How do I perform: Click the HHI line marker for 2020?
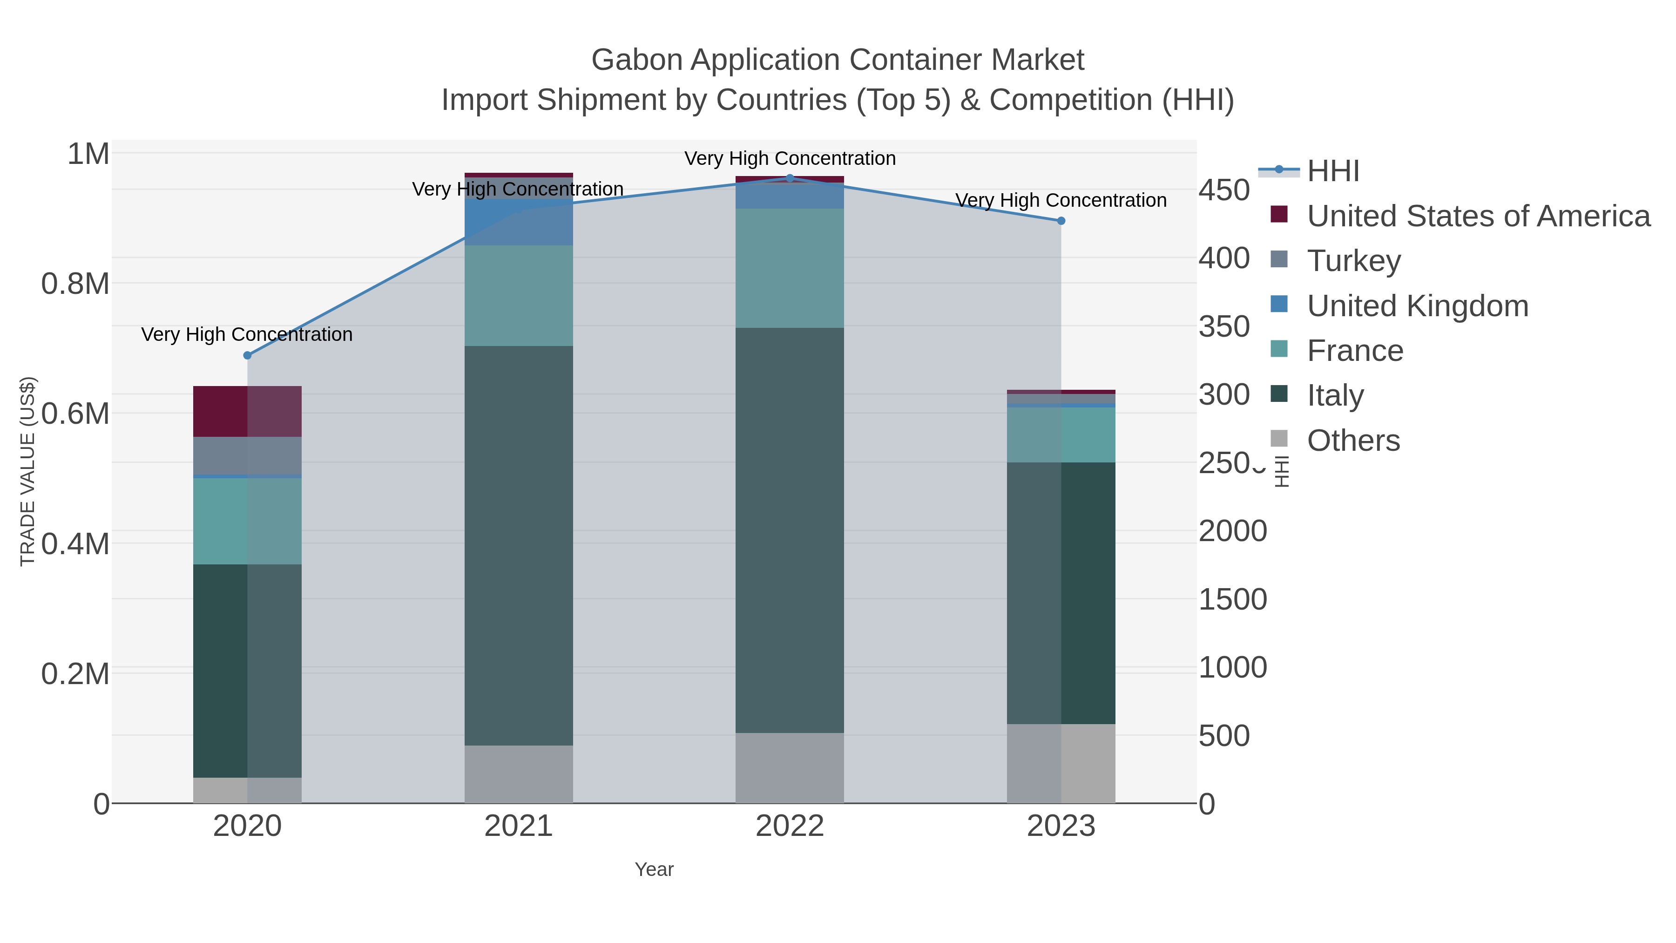pyautogui.click(x=247, y=355)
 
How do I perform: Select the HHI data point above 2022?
pyautogui.click(x=790, y=178)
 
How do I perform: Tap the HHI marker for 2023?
pyautogui.click(x=1061, y=221)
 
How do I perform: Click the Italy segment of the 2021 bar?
pyautogui.click(x=519, y=545)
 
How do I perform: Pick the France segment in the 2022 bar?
pyautogui.click(x=790, y=268)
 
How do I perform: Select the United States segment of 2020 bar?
pyautogui.click(x=247, y=411)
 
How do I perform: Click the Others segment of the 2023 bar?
pyautogui.click(x=1061, y=763)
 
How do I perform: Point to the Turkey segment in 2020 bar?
pyautogui.click(x=247, y=455)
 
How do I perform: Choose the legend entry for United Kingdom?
pyautogui.click(x=1417, y=306)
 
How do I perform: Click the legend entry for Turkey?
pyautogui.click(x=1353, y=261)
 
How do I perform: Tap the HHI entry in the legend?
pyautogui.click(x=1332, y=171)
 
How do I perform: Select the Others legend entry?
pyautogui.click(x=1352, y=441)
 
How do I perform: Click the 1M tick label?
pyautogui.click(x=88, y=154)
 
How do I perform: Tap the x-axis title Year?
pyautogui.click(x=654, y=869)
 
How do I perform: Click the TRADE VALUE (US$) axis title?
pyautogui.click(x=27, y=471)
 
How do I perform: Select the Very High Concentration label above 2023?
pyautogui.click(x=1061, y=200)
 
